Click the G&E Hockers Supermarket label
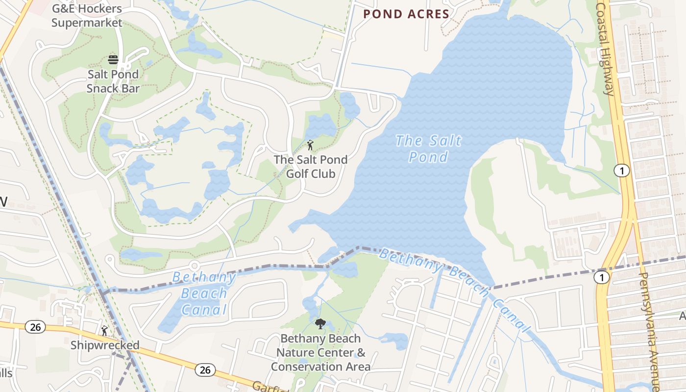pyautogui.click(x=87, y=16)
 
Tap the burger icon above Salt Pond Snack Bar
pyautogui.click(x=113, y=60)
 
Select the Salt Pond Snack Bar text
pyautogui.click(x=113, y=81)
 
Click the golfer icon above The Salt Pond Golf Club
pyautogui.click(x=310, y=145)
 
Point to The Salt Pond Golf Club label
pyautogui.click(x=311, y=167)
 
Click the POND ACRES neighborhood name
pyautogui.click(x=406, y=14)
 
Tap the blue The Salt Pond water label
pyautogui.click(x=428, y=148)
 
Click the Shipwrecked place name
pyautogui.click(x=105, y=345)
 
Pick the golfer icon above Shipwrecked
pyautogui.click(x=104, y=331)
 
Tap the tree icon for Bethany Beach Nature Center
pyautogui.click(x=320, y=323)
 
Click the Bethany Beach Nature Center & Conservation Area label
pyautogui.click(x=321, y=352)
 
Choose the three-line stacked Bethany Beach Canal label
pyautogui.click(x=204, y=293)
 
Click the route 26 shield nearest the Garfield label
pyautogui.click(x=205, y=370)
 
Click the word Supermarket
pyautogui.click(x=87, y=23)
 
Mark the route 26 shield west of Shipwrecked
pyautogui.click(x=35, y=327)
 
